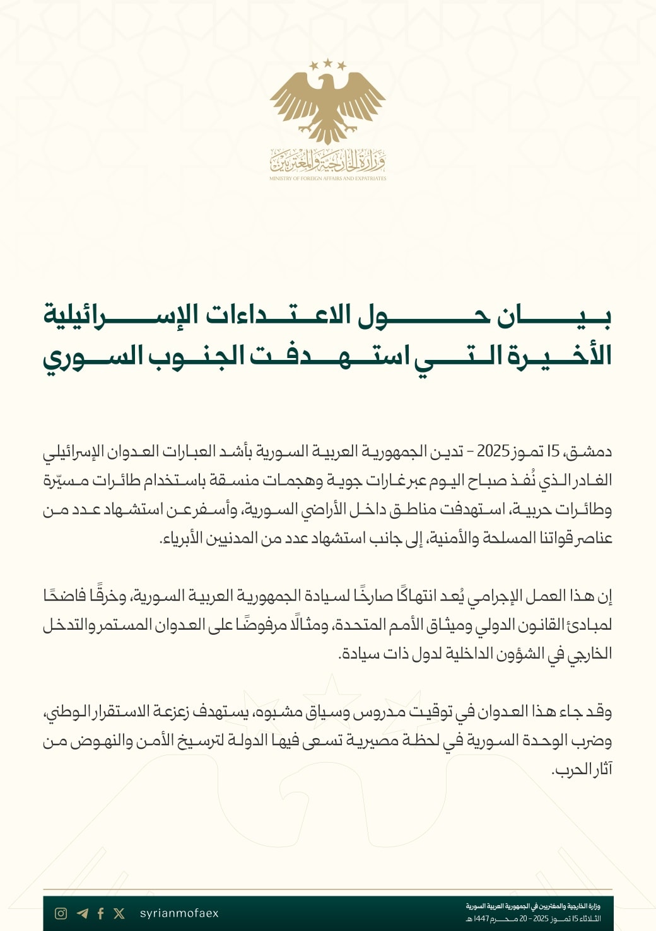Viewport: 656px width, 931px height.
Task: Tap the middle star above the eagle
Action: [x=328, y=62]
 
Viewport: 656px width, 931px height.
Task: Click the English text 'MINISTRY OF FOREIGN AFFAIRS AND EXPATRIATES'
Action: [x=327, y=178]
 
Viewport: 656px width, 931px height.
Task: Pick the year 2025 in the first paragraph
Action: [x=493, y=451]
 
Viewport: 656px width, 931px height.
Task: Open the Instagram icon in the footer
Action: [x=61, y=913]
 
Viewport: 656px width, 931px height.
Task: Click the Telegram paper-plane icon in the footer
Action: [x=82, y=913]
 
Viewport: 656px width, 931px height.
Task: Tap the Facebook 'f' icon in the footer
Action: [x=100, y=913]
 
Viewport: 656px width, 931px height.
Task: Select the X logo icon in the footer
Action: [x=119, y=913]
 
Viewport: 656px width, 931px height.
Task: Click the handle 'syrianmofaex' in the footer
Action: [x=179, y=913]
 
